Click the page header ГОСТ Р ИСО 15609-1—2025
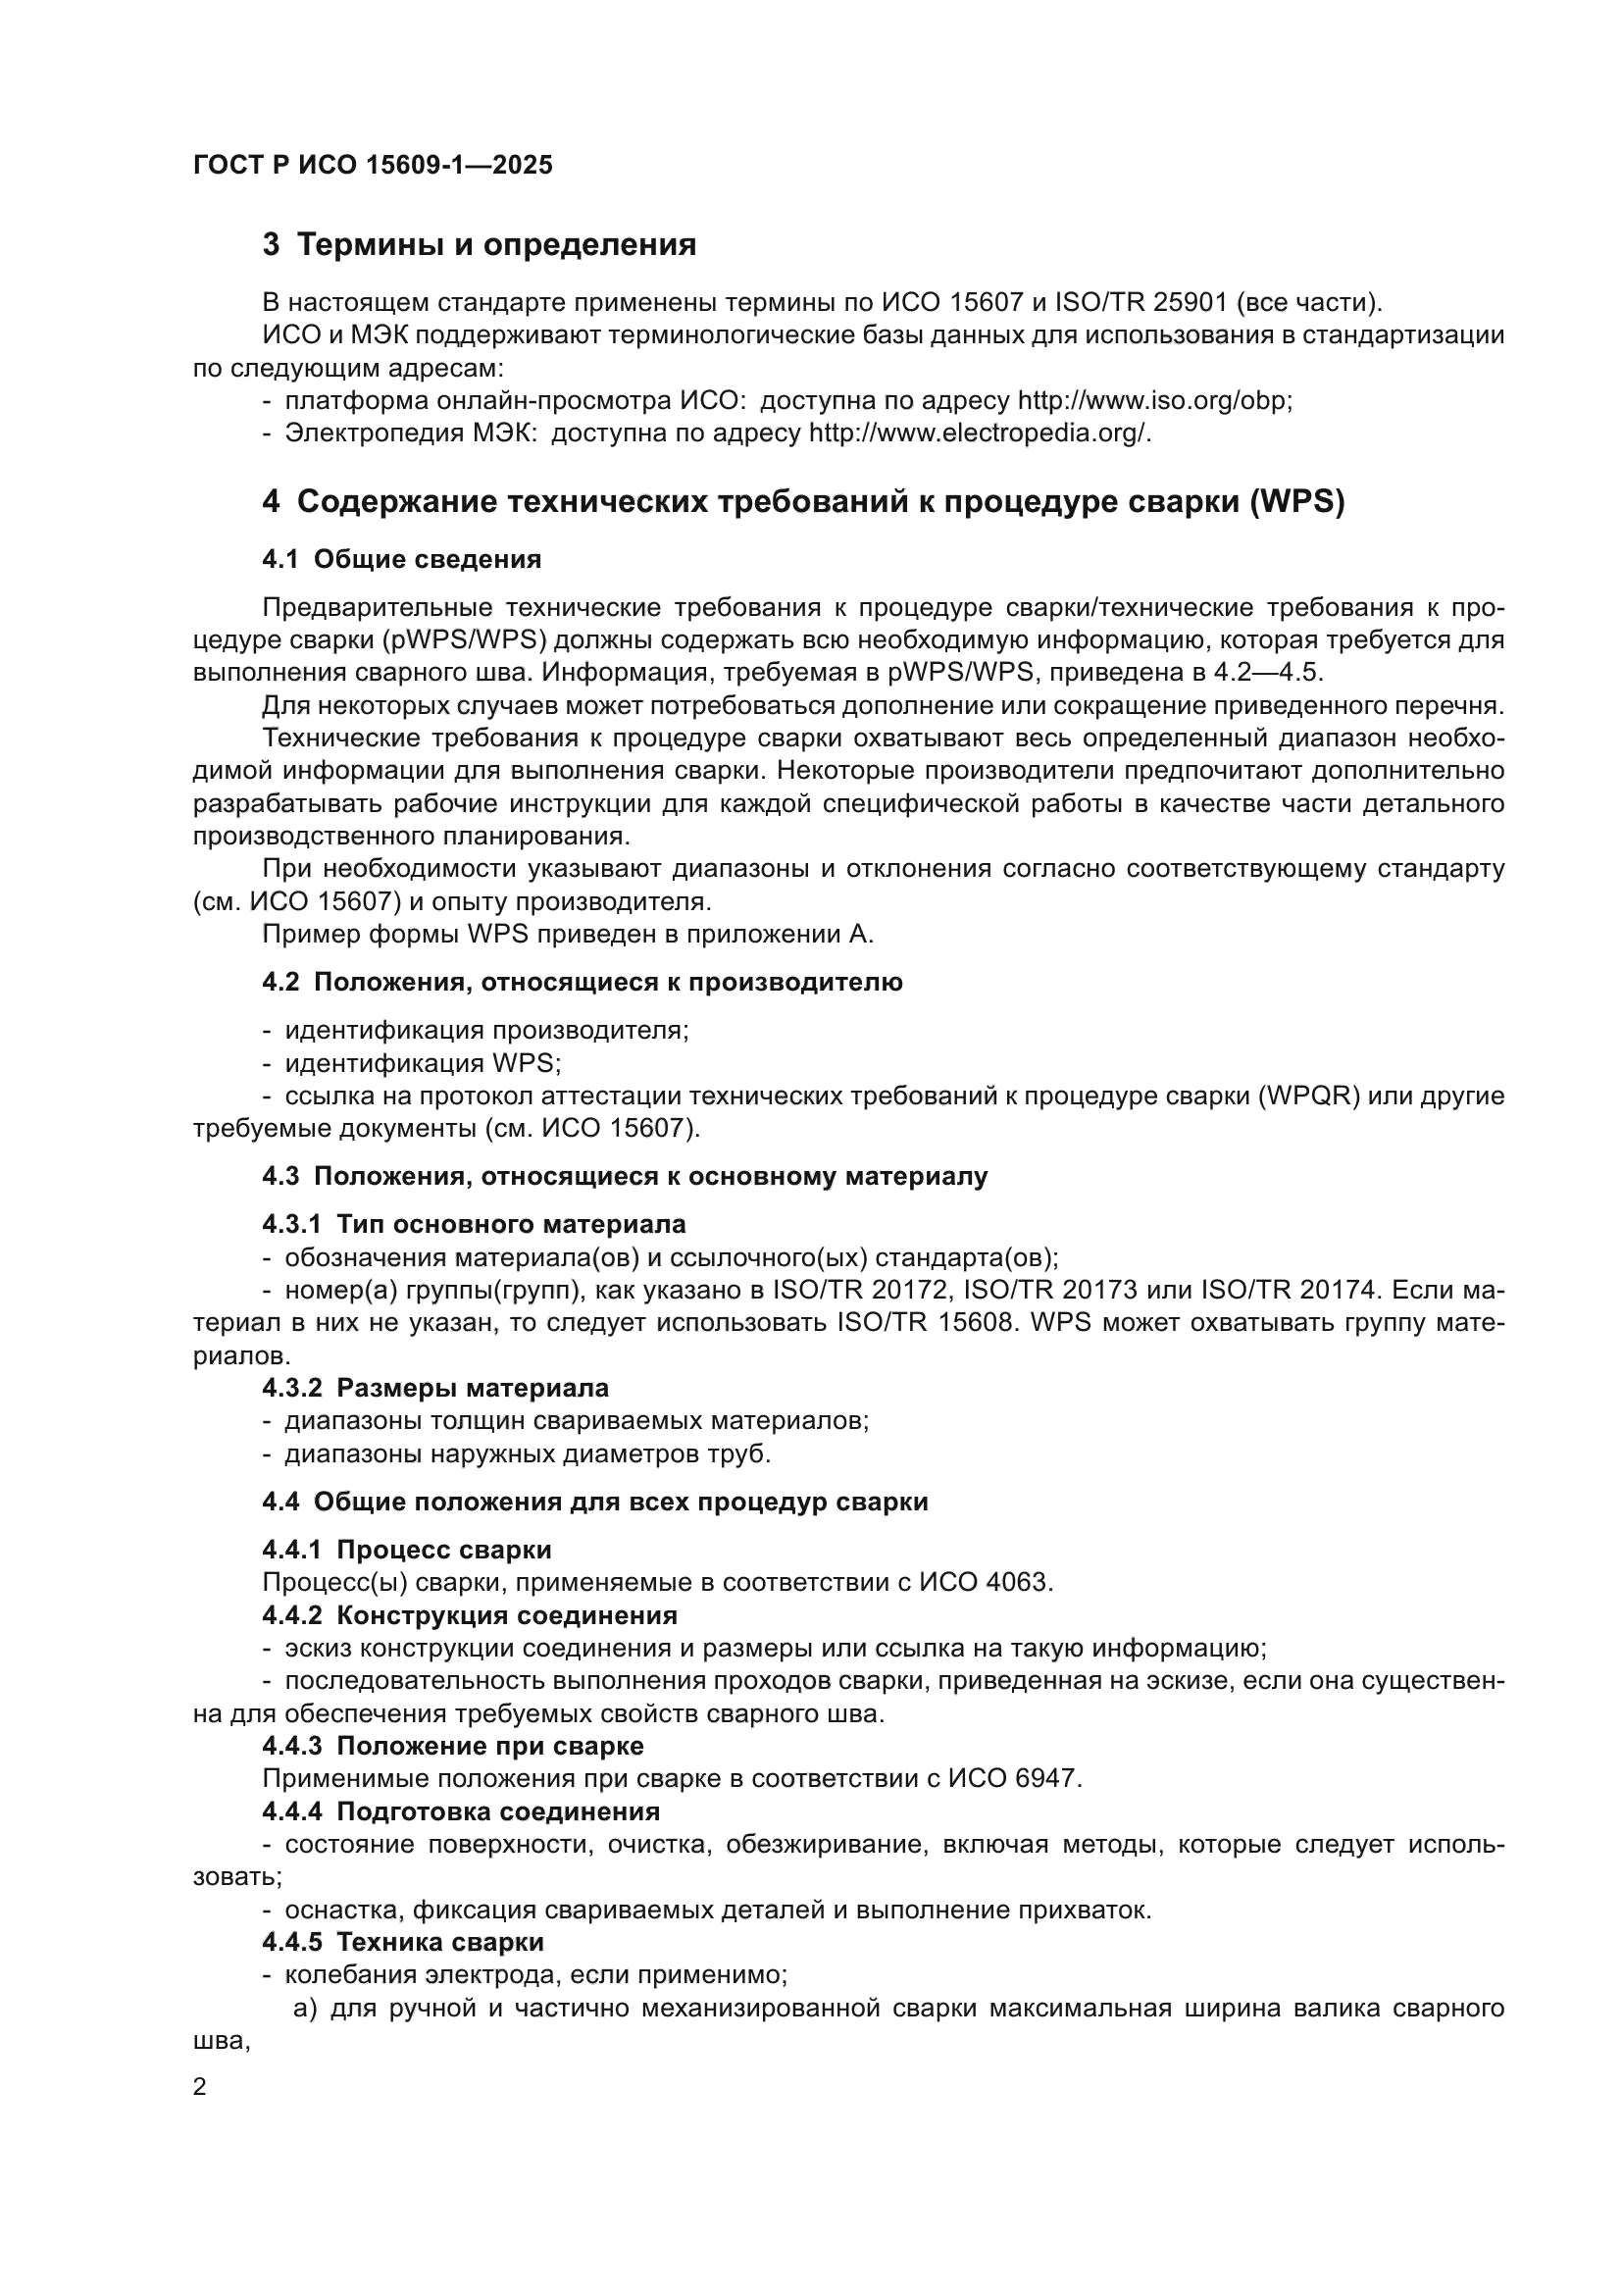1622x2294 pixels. tap(373, 166)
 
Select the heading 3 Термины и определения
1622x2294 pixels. tap(480, 245)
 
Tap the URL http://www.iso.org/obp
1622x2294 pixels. tap(1153, 401)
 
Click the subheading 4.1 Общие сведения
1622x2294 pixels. tap(401, 559)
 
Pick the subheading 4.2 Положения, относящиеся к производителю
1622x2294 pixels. tap(583, 982)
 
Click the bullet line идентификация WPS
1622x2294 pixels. tap(424, 1063)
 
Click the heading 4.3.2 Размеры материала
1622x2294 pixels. tap(435, 1388)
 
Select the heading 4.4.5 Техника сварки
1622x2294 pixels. tap(403, 1942)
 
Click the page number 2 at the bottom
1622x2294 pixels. tap(200, 2087)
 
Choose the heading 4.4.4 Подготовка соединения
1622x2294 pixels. tap(462, 1811)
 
